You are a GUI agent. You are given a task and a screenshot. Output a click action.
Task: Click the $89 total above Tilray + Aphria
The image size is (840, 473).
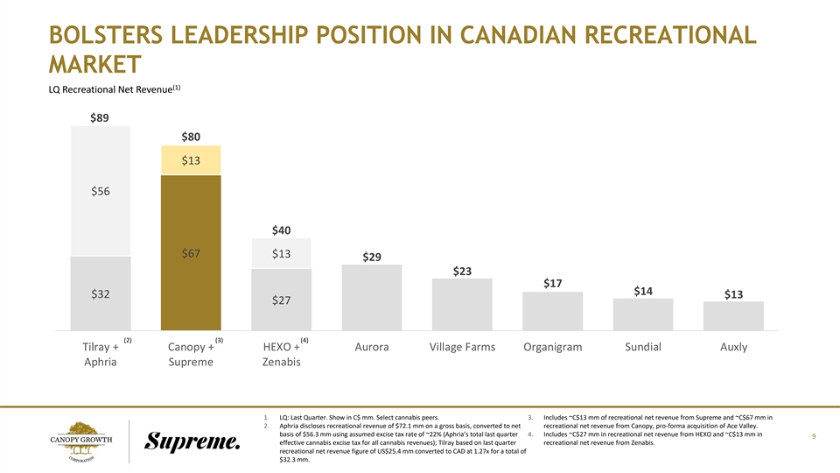coord(100,118)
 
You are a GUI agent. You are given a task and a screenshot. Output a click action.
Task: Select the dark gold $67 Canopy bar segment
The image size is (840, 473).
coord(190,253)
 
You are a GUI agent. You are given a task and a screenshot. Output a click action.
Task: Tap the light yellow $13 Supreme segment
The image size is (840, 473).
coord(190,160)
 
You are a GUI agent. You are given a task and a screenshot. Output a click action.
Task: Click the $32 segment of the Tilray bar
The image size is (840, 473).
coord(100,293)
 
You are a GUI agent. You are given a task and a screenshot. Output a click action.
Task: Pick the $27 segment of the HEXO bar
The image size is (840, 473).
coord(280,300)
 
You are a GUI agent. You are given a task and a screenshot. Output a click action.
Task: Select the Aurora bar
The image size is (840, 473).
coord(371,298)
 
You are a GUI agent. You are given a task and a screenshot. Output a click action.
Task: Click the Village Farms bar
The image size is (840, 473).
coord(462,305)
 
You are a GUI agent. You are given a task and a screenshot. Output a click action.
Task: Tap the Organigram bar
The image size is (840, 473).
coord(552,311)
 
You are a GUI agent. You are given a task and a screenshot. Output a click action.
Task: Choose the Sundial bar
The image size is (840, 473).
coord(643,314)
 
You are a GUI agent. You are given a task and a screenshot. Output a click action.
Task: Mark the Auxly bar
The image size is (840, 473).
coord(733,316)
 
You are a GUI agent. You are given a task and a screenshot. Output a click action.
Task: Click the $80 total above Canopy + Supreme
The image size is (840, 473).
coord(190,137)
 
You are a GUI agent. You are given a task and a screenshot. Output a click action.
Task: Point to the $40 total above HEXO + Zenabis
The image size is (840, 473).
coord(280,229)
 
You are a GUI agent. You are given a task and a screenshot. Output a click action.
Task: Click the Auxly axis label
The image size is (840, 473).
coord(733,347)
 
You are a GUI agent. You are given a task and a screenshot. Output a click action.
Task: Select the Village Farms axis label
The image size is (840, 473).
coord(462,347)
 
